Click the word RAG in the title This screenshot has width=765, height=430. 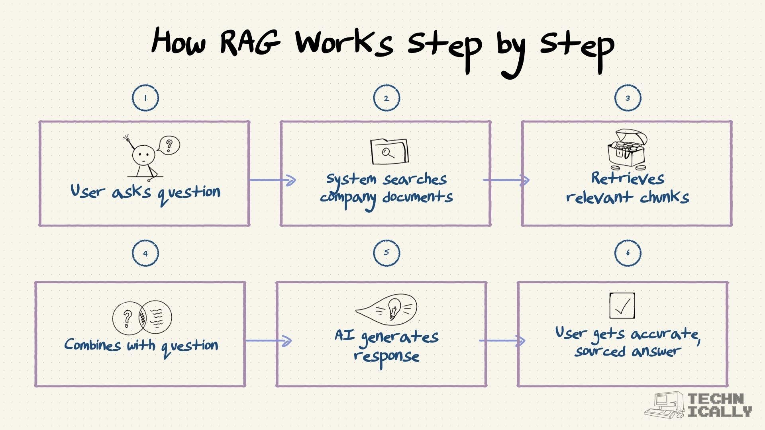pos(250,41)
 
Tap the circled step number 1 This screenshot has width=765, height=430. pos(145,98)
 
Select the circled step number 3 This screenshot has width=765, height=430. pos(628,98)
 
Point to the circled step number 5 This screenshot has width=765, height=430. pos(386,252)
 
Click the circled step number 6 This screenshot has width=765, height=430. pos(628,252)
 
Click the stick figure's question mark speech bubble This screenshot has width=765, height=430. pos(169,145)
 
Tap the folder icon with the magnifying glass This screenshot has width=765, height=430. pos(389,151)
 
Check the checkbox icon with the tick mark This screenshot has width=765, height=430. pos(622,306)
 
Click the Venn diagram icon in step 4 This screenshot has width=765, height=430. pos(142,317)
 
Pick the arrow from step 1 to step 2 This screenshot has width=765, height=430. pos(273,180)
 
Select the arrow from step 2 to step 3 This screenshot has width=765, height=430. pos(506,180)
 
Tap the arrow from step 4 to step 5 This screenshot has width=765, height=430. pos(269,341)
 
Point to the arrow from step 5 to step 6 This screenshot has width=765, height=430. pos(502,341)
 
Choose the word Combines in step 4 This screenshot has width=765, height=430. pos(92,345)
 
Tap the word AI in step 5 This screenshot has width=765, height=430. pos(344,335)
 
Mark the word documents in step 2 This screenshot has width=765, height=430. pos(418,197)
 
